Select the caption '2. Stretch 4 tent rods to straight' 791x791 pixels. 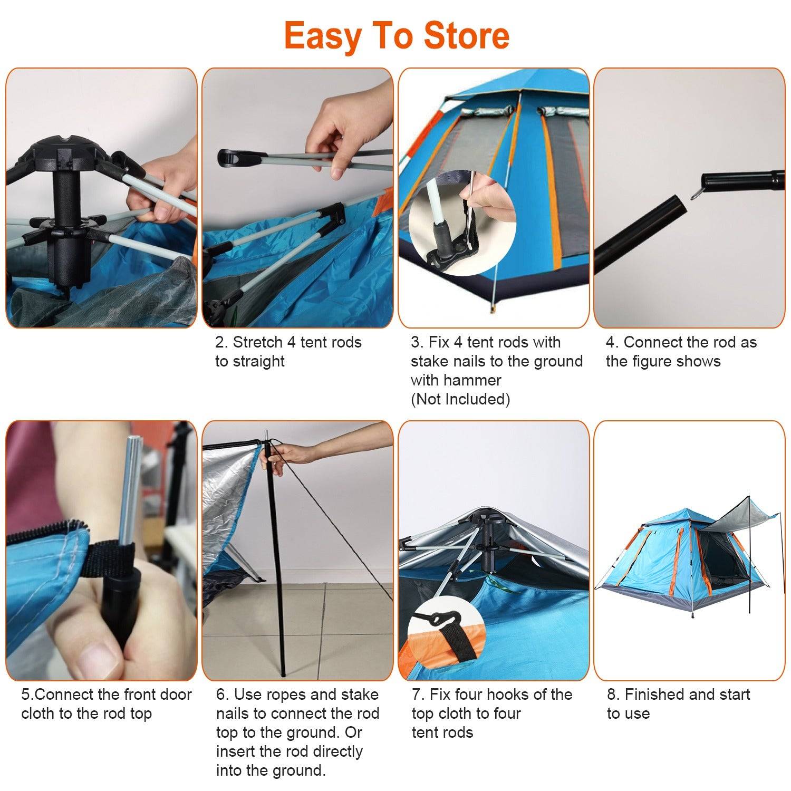click(288, 352)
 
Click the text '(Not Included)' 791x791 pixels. click(460, 399)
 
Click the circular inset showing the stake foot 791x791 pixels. click(461, 221)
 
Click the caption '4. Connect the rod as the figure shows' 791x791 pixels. click(681, 352)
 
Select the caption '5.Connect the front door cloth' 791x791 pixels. click(106, 704)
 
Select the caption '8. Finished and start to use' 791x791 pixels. click(678, 704)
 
